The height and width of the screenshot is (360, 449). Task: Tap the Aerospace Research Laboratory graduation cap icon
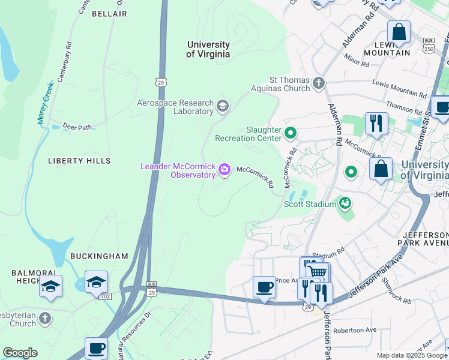pos(223,107)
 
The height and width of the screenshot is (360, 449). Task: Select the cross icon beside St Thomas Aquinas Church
pos(319,83)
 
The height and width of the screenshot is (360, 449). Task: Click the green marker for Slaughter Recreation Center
pos(291,133)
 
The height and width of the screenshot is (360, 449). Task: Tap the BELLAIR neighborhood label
pos(109,13)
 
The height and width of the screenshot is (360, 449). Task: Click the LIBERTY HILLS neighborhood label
pos(80,161)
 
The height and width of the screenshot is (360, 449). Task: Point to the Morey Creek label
pos(45,103)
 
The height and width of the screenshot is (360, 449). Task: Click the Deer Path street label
pos(77,127)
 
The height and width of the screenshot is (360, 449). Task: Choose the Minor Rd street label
pos(357,60)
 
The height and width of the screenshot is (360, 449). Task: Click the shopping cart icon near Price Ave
pos(319,272)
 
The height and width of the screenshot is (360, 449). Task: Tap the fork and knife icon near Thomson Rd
pos(376,124)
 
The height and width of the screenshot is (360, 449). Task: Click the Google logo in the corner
pos(20,353)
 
